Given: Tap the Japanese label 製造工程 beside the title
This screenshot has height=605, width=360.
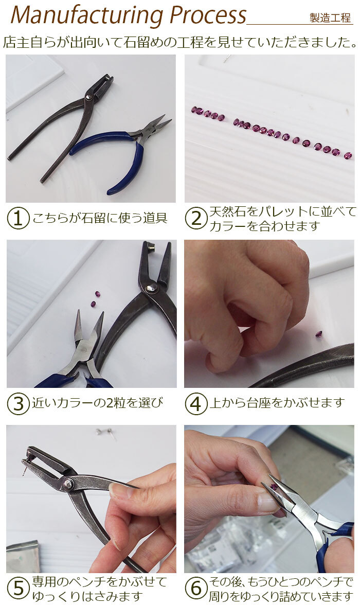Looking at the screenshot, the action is pyautogui.click(x=330, y=17).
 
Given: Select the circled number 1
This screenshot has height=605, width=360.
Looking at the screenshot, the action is pyautogui.click(x=18, y=218).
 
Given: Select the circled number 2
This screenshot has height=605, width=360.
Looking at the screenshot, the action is pyautogui.click(x=196, y=218).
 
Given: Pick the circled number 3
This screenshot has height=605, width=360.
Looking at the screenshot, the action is pyautogui.click(x=18, y=403).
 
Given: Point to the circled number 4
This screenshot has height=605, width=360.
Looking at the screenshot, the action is pyautogui.click(x=196, y=403).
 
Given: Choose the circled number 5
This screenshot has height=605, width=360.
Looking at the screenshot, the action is pyautogui.click(x=18, y=589).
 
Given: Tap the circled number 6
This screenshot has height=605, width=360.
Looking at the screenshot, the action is pyautogui.click(x=196, y=589).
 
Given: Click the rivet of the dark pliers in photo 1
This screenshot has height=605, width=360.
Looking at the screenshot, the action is pyautogui.click(x=89, y=97).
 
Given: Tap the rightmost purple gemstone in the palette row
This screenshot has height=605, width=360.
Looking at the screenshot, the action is pyautogui.click(x=348, y=156).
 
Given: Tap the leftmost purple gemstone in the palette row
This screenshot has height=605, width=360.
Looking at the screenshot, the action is pyautogui.click(x=194, y=110).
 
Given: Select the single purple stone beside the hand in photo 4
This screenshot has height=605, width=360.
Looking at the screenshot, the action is pyautogui.click(x=319, y=334).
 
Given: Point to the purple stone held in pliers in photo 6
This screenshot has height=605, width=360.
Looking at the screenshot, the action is pyautogui.click(x=274, y=487).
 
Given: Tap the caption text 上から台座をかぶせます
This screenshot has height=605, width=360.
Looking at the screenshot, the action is pyautogui.click(x=277, y=403).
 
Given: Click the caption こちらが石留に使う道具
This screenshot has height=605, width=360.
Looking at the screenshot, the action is pyautogui.click(x=100, y=218).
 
